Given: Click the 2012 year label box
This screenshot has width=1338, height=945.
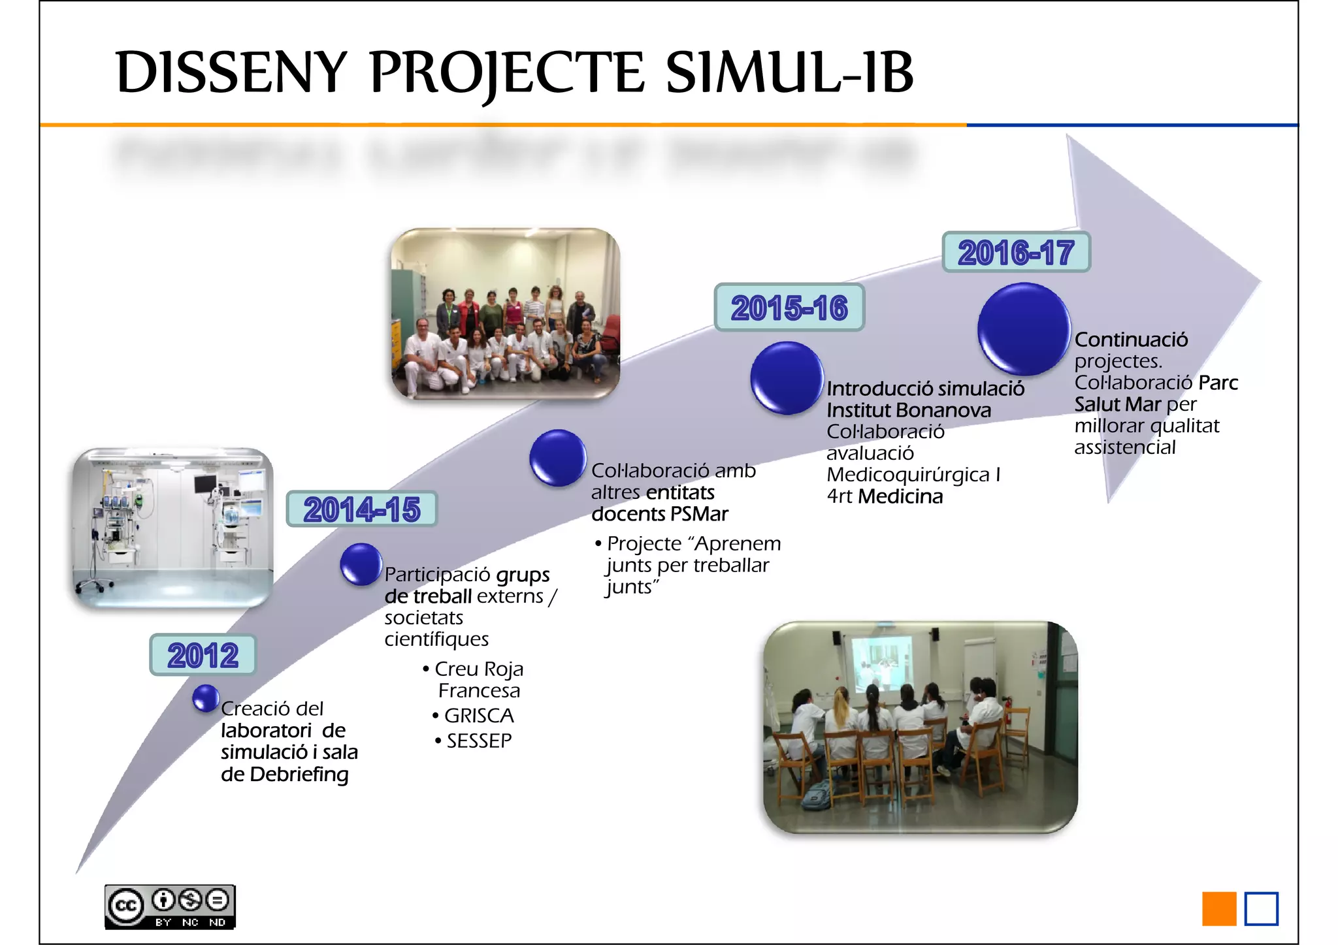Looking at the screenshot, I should click(203, 655).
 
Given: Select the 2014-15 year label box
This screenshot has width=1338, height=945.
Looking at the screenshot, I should click(361, 509).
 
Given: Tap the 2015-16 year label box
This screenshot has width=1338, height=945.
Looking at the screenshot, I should click(789, 308).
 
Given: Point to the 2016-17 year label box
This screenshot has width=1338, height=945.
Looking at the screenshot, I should click(1016, 252).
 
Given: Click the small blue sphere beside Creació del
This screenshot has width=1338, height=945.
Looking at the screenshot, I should click(206, 698).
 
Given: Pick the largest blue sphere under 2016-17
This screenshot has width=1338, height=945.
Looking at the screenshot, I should click(1023, 328).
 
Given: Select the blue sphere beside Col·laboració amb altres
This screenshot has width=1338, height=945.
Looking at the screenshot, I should click(557, 457).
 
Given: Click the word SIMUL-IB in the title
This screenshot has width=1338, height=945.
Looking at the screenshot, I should click(789, 72).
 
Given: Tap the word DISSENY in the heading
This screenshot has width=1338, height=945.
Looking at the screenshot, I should click(231, 72).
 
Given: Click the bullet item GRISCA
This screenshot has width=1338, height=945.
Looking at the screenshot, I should click(479, 716).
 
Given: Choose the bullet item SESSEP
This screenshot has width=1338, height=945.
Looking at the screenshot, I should click(479, 741).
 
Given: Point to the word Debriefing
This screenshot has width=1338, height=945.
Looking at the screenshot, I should click(299, 775).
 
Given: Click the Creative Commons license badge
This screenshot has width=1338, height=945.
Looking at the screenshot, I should click(170, 906).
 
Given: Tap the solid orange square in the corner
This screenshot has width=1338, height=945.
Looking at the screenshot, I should click(1219, 908).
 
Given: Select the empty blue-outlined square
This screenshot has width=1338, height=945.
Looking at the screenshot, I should click(1261, 908).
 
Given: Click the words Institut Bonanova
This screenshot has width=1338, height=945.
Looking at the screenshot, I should click(908, 410).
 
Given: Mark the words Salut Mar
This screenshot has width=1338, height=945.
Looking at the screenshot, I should click(1117, 404).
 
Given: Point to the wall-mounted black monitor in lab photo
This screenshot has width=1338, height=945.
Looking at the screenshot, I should click(205, 484).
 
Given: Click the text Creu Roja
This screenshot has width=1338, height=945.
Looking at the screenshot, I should click(479, 669).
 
